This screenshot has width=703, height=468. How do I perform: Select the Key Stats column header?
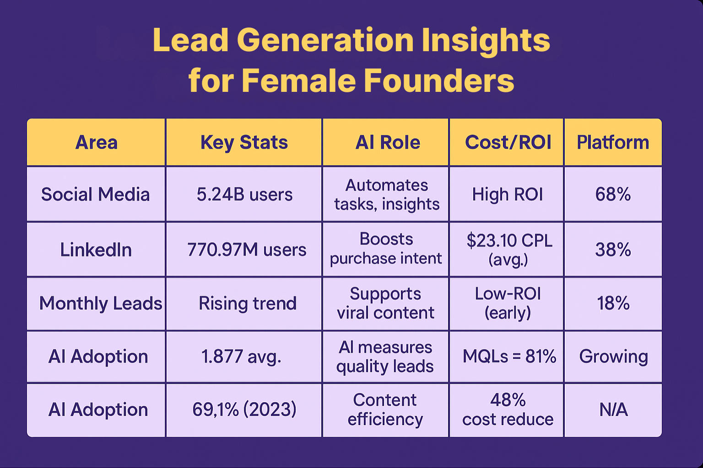pos(244,143)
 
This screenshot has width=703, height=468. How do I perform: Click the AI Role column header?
pos(387,143)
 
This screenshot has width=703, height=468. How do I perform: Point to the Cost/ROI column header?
pos(508,143)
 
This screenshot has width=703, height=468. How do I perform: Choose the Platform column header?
pos(612,143)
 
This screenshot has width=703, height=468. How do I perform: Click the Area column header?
pos(96,143)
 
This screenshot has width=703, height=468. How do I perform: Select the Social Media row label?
pos(95,195)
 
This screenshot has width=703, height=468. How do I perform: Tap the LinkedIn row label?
pos(96,250)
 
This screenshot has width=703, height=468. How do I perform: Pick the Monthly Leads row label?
pos(100,303)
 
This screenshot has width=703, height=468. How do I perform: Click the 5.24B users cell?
pos(244,195)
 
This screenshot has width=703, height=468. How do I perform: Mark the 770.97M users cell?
pos(246,250)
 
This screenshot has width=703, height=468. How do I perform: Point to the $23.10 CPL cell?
pos(508,250)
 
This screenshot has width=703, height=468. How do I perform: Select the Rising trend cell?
pos(247,303)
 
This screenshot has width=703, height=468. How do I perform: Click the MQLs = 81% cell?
pos(509,356)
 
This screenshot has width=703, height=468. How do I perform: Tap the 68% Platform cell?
pos(613,195)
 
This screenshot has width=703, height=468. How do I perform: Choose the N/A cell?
pos(613,410)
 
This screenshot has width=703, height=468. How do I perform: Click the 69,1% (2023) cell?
pos(244,409)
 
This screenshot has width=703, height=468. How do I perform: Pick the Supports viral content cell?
pos(385,303)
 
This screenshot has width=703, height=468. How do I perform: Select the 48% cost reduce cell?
pos(508,409)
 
